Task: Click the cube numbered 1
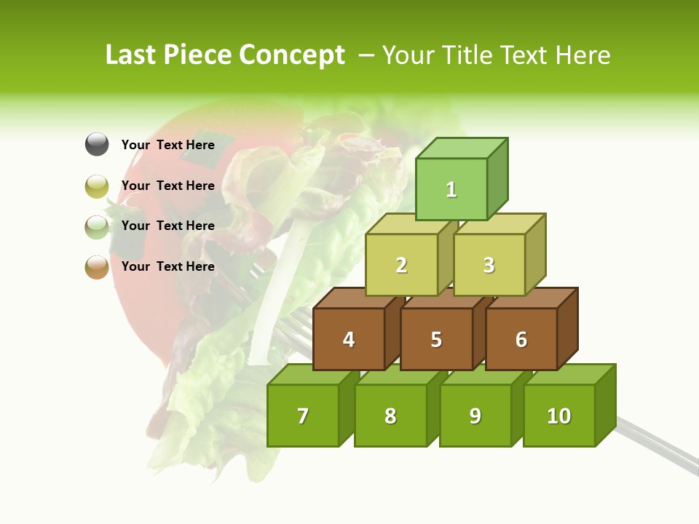(451, 189)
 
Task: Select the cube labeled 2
(401, 265)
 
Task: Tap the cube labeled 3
(489, 265)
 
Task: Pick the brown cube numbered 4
(349, 339)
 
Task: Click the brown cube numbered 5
(436, 339)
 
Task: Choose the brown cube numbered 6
(521, 339)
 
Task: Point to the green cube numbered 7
(303, 416)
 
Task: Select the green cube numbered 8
(390, 416)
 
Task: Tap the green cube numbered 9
(475, 416)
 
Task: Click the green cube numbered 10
(559, 416)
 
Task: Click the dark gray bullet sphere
(97, 145)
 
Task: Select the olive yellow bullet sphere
(97, 186)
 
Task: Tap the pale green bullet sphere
(97, 227)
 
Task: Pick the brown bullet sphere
(97, 267)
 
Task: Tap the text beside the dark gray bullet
(168, 145)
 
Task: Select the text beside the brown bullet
(168, 266)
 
